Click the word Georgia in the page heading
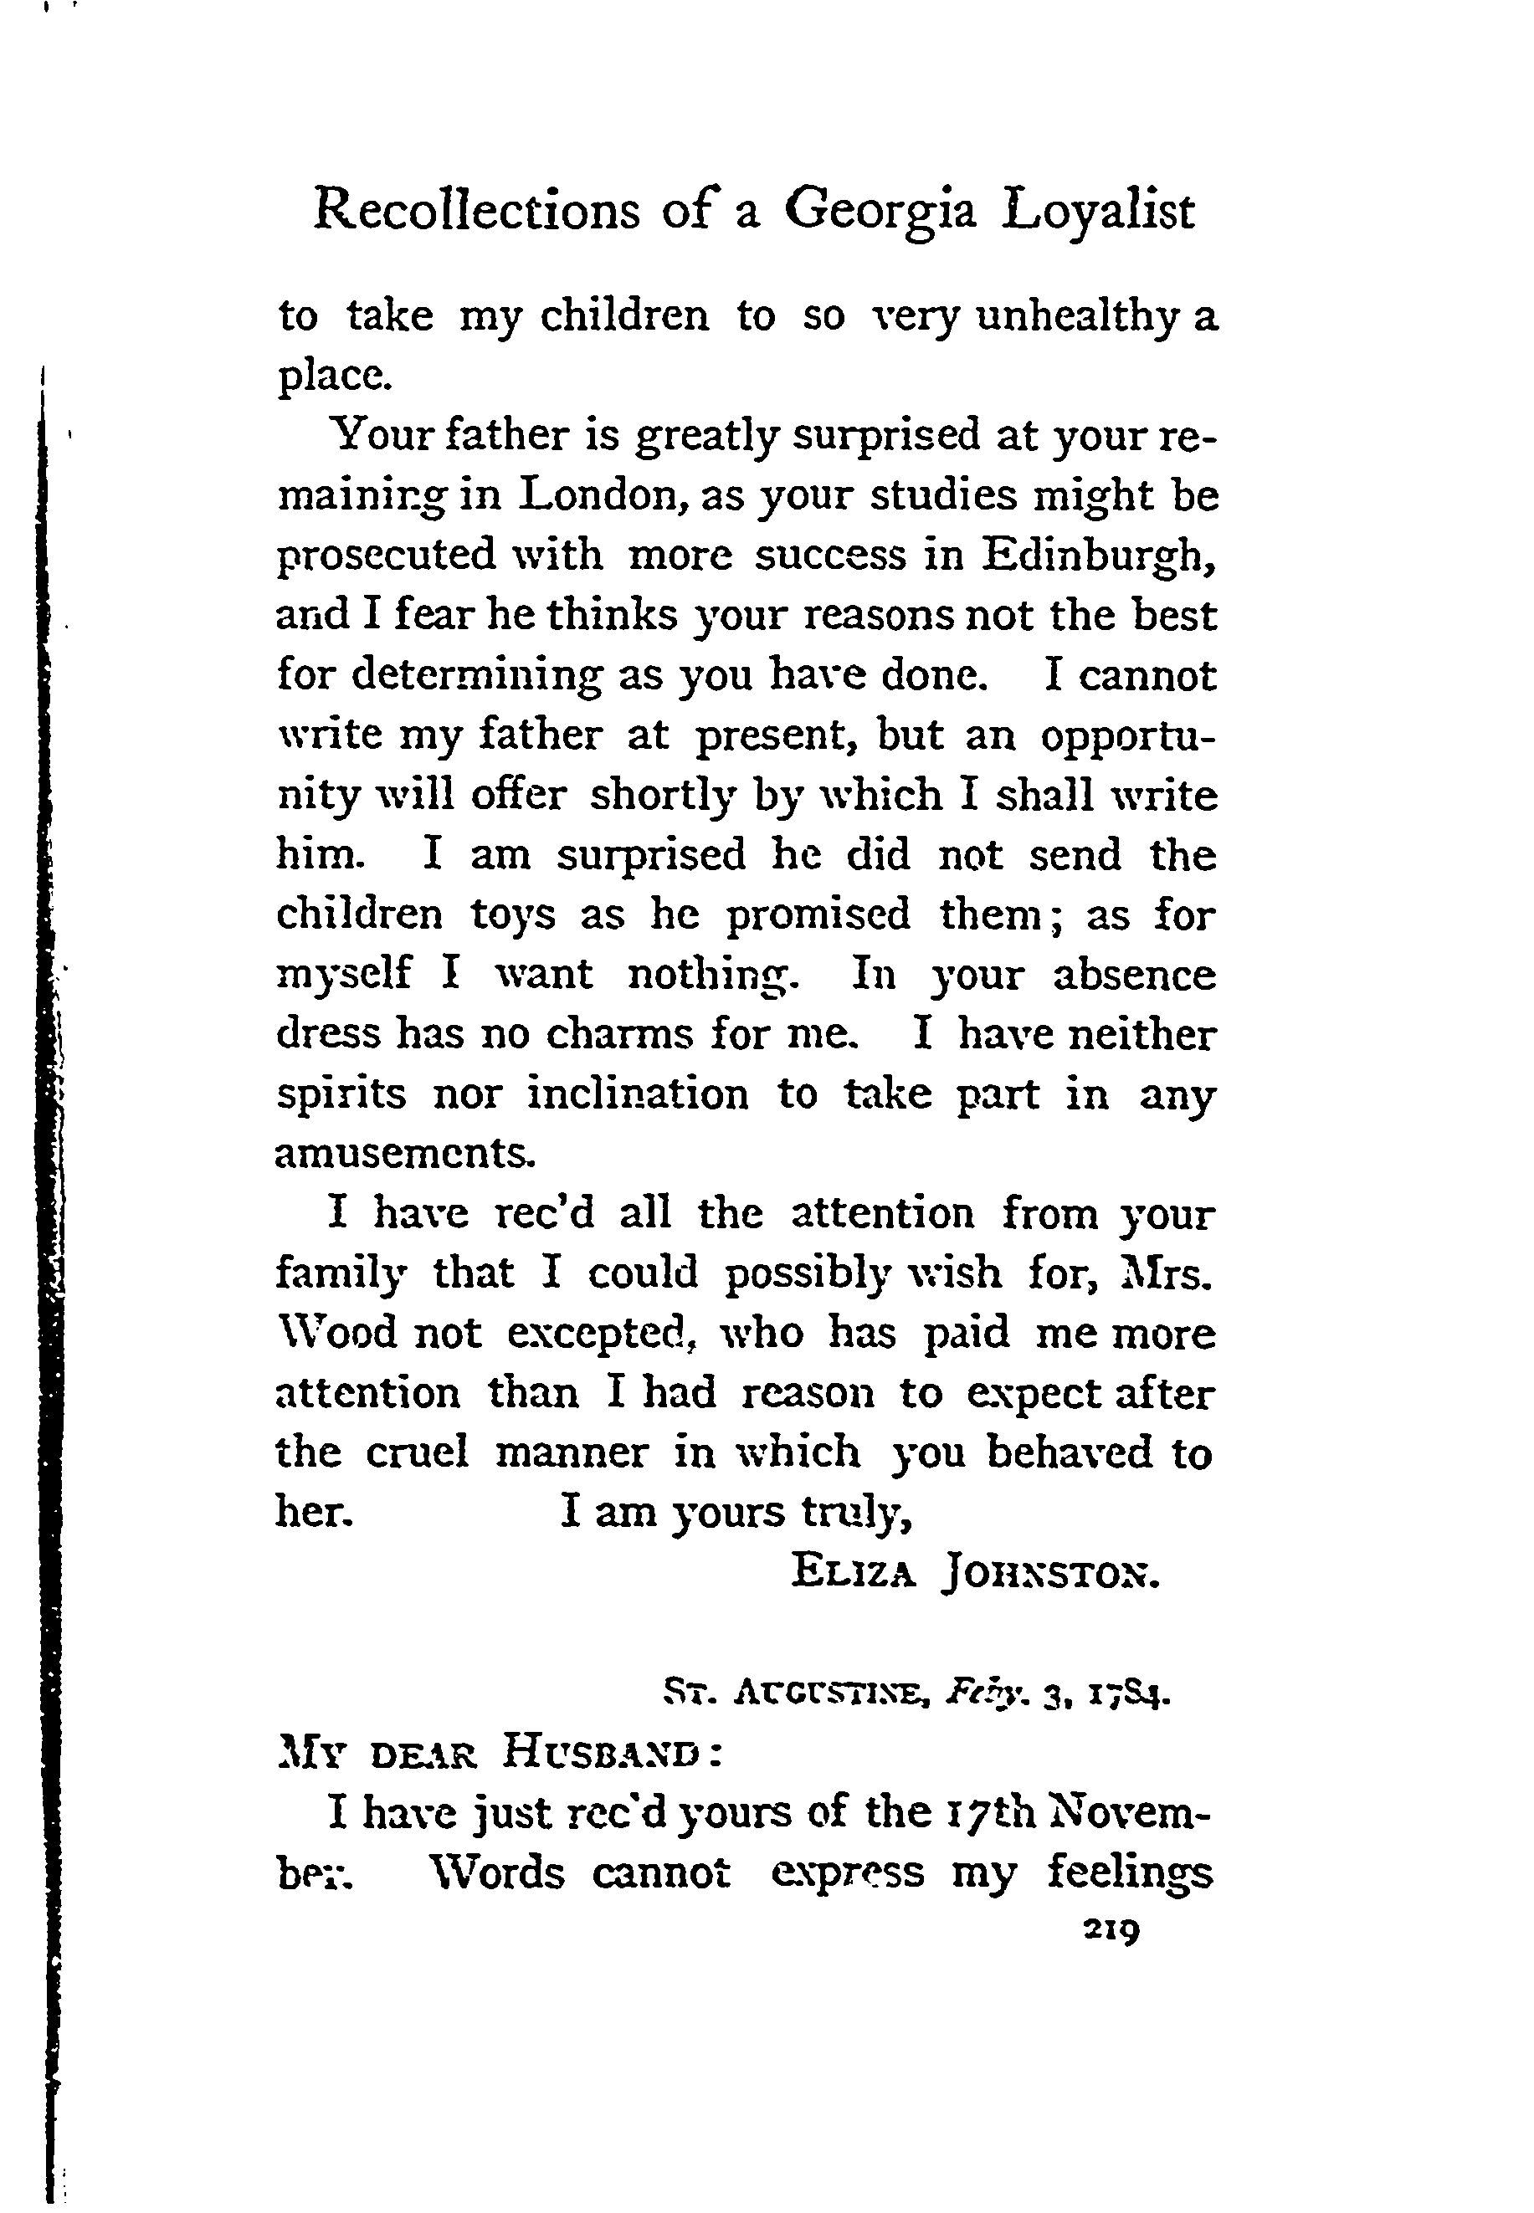880,213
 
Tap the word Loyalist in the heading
1098,213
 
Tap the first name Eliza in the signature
853,1574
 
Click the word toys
512,916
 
